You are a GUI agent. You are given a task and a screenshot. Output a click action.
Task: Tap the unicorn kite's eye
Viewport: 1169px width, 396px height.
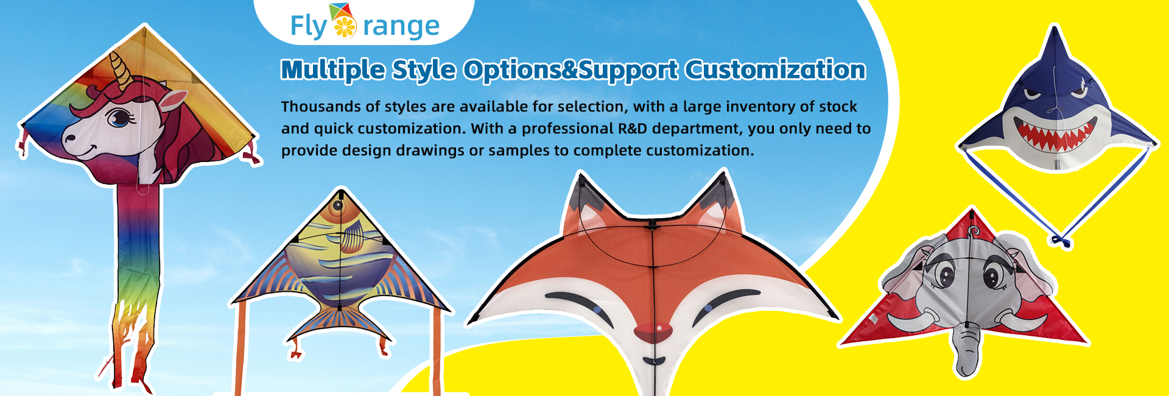click(118, 116)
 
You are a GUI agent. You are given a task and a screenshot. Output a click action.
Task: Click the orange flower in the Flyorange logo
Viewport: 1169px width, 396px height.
click(345, 26)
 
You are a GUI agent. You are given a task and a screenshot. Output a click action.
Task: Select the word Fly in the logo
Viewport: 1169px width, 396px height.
click(309, 27)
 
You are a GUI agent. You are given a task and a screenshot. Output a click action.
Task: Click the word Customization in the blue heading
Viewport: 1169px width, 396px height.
click(775, 70)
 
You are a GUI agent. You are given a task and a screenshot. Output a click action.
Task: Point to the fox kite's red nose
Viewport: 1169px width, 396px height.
click(653, 331)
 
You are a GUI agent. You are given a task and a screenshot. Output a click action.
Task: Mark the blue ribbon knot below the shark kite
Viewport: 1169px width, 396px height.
click(1062, 241)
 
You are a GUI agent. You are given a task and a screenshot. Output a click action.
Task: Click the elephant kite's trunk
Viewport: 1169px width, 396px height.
click(967, 350)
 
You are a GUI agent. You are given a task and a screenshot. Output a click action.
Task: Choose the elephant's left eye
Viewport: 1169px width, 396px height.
click(946, 275)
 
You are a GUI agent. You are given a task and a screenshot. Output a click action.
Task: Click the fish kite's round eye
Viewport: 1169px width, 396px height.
click(337, 205)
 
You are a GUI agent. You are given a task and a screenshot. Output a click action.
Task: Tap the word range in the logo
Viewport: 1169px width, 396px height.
click(401, 27)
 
